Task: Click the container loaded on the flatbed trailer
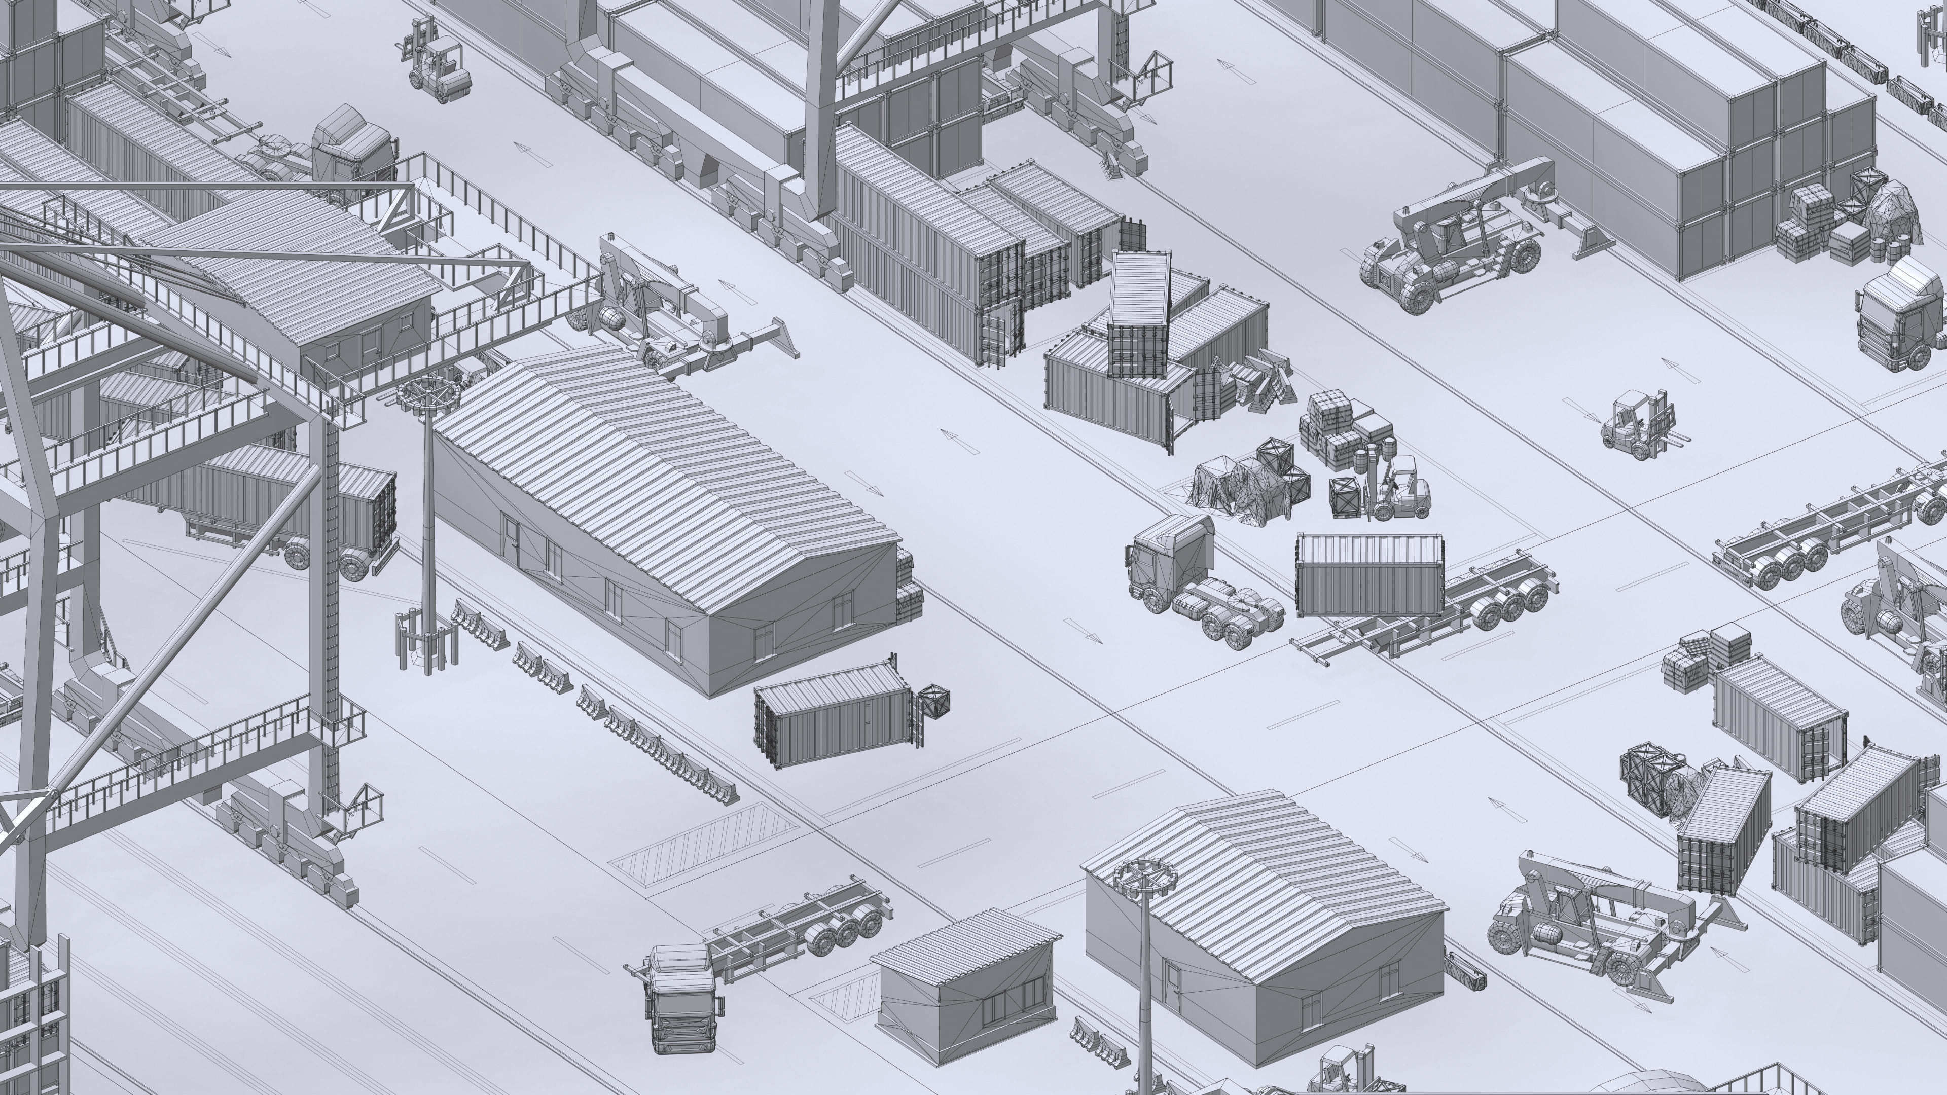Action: point(1369,574)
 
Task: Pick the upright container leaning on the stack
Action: point(1139,314)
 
